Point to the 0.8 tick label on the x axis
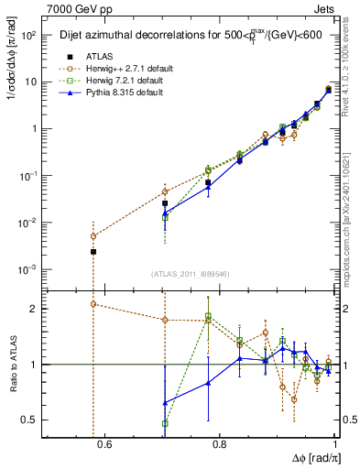[x=220, y=445]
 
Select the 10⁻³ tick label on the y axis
[x=26, y=269]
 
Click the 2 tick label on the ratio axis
[x=33, y=309]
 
